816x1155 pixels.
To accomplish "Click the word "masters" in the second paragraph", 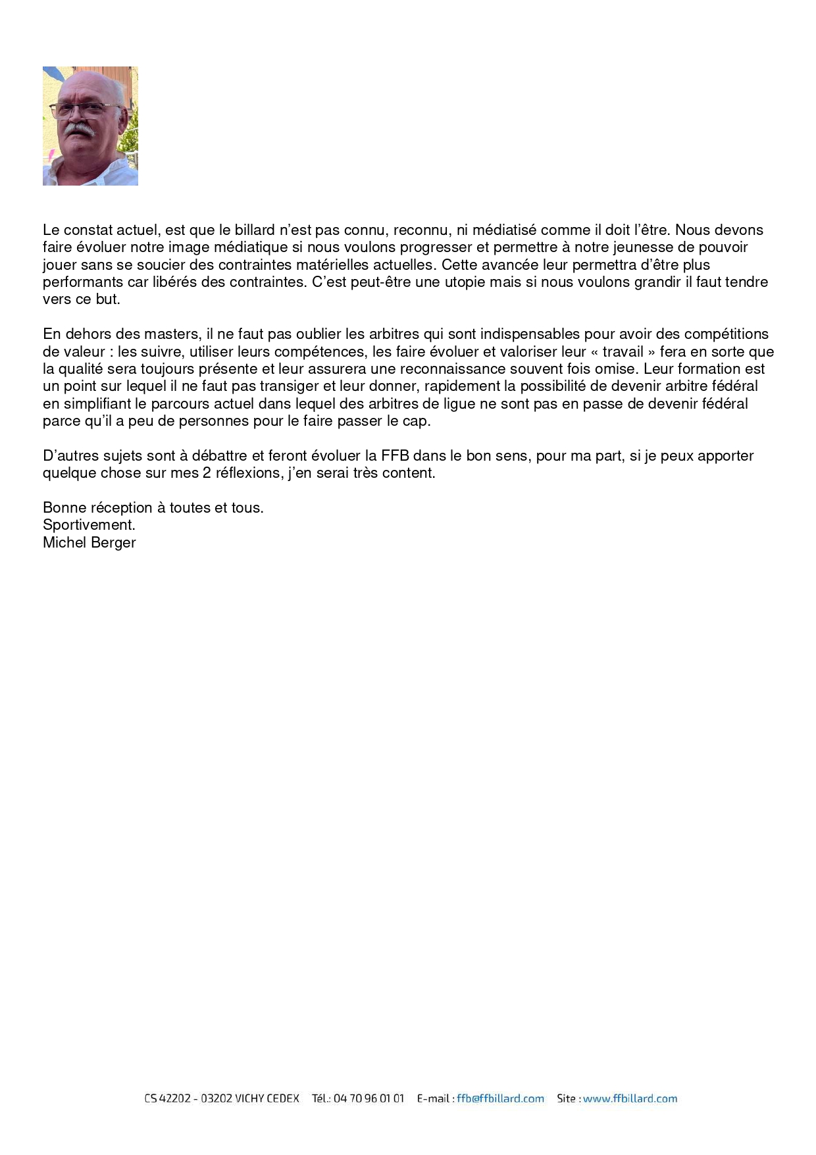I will pos(172,334).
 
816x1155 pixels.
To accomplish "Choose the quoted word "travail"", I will pos(623,352).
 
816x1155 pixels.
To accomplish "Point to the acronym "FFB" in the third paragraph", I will pos(395,456).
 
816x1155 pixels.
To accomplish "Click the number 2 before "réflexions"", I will pos(207,473).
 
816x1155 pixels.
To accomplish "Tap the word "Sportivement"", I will pos(88,525).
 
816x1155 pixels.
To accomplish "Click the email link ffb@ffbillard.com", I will pos(500,1098).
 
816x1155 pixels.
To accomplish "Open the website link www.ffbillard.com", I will pos(630,1098).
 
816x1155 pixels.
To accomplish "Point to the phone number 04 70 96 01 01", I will pos(369,1098).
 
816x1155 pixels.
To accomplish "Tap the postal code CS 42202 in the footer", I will pos(167,1098).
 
